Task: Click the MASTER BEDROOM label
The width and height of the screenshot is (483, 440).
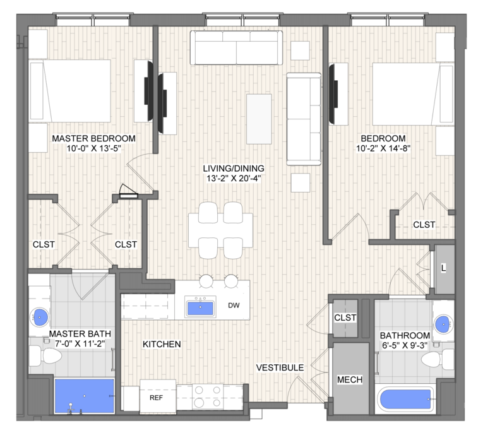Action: pyautogui.click(x=93, y=138)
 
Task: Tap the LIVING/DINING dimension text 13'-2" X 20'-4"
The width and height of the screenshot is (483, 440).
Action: pyautogui.click(x=234, y=178)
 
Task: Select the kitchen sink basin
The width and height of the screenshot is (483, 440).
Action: pyautogui.click(x=200, y=308)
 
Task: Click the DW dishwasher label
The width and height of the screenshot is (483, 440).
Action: pyautogui.click(x=234, y=306)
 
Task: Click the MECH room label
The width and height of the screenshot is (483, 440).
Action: pyautogui.click(x=350, y=379)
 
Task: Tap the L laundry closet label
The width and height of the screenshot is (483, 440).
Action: pyautogui.click(x=444, y=268)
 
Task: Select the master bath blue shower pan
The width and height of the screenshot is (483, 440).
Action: pyautogui.click(x=85, y=396)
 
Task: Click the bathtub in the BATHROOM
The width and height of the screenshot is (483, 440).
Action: pyautogui.click(x=405, y=400)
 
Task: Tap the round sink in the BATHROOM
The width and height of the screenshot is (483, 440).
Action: pyautogui.click(x=444, y=324)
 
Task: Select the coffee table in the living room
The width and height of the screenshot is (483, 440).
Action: pyautogui.click(x=259, y=119)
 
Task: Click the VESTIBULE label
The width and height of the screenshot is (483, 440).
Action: pyautogui.click(x=280, y=367)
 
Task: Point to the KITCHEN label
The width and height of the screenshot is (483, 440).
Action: pyautogui.click(x=162, y=344)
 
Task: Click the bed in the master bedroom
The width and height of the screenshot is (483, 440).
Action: pyautogui.click(x=70, y=91)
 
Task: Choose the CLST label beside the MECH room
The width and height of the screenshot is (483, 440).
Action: pyautogui.click(x=345, y=318)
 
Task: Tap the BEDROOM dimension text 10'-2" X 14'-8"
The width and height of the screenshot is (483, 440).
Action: pyautogui.click(x=383, y=148)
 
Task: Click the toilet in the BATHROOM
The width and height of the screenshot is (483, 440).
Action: pyautogui.click(x=438, y=359)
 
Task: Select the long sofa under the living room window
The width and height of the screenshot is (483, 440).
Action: pyautogui.click(x=236, y=47)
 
